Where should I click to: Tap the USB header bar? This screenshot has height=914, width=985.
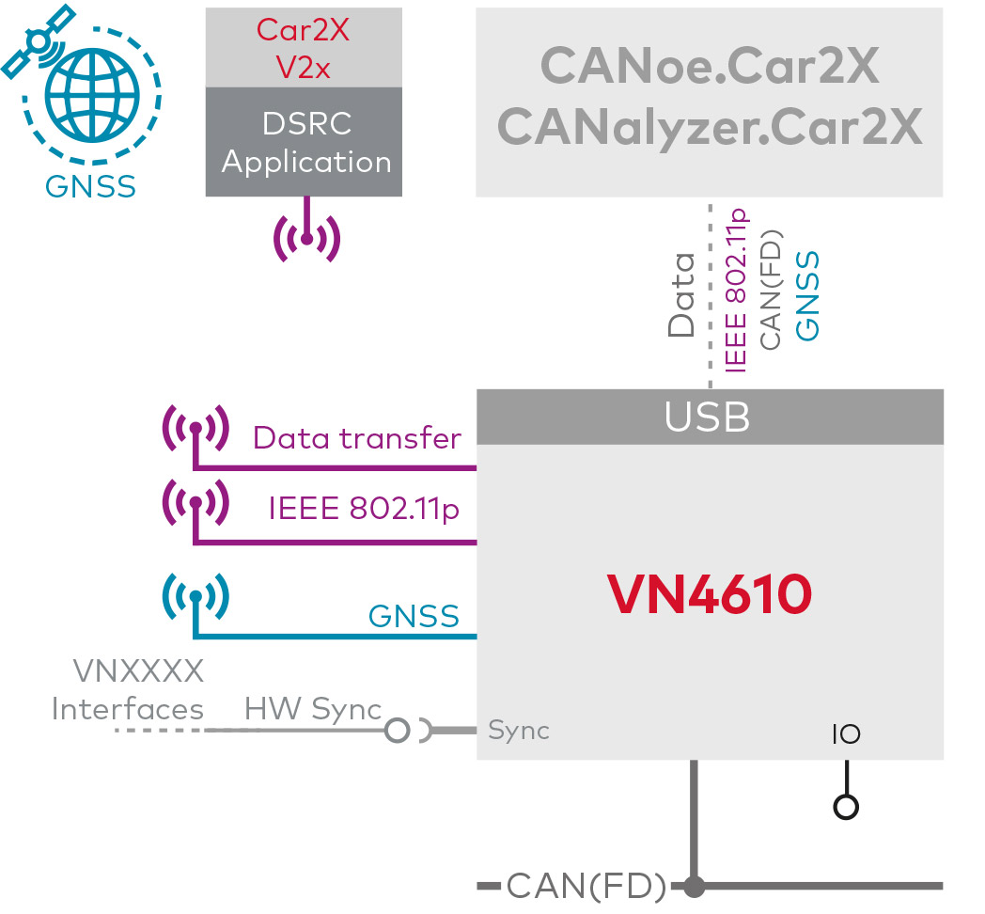tap(709, 417)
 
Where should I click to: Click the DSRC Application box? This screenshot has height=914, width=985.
tap(305, 142)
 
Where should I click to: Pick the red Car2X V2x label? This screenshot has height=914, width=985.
tap(305, 49)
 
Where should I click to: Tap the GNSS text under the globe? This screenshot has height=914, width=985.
tap(90, 186)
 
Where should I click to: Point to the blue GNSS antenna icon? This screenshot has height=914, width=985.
tap(195, 596)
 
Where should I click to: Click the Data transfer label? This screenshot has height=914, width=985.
tap(357, 439)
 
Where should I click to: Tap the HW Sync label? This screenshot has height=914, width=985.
tap(313, 709)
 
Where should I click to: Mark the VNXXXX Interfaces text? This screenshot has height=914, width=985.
tap(129, 690)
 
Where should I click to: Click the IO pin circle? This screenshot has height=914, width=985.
tap(847, 806)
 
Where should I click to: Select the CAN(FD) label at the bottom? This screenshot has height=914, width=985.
tap(586, 886)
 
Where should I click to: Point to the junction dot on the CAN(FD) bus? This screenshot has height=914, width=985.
tap(695, 886)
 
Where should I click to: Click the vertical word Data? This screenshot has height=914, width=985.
tap(680, 294)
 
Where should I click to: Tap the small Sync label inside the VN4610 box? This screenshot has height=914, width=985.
tap(519, 730)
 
